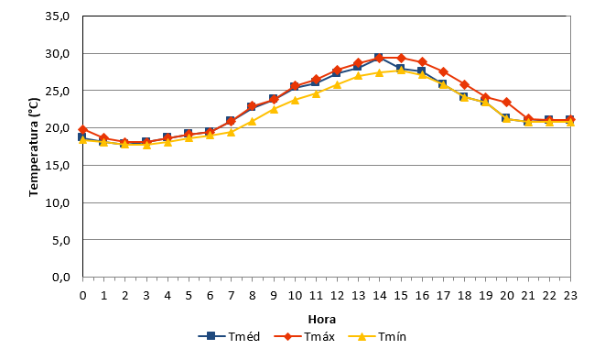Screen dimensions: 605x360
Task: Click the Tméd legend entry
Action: (229, 336)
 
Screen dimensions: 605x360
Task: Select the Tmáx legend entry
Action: (305, 336)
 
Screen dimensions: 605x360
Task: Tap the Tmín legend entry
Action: (377, 336)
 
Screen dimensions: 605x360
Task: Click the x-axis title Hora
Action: (322, 320)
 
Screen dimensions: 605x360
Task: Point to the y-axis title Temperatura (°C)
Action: (34, 147)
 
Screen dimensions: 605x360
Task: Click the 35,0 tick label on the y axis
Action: (57, 16)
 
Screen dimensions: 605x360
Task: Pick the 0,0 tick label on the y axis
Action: (61, 277)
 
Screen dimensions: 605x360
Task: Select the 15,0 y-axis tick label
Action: (57, 165)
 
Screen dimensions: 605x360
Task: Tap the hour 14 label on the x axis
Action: (379, 296)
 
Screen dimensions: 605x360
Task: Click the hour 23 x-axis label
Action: (570, 296)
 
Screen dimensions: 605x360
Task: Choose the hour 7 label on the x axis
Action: (231, 296)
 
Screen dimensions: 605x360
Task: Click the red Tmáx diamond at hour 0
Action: (82, 129)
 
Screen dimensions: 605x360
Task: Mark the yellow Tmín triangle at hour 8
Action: (252, 122)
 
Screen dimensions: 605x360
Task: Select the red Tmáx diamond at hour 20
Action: (507, 103)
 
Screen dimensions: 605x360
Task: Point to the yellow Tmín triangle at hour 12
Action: (337, 84)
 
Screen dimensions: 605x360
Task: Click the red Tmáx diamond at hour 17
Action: (443, 71)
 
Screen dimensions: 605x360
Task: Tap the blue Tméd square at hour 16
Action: (421, 71)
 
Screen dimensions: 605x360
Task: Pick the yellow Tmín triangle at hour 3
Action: (146, 146)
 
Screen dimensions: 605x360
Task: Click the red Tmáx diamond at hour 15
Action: (401, 58)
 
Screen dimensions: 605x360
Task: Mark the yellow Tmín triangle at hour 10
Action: (295, 100)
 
